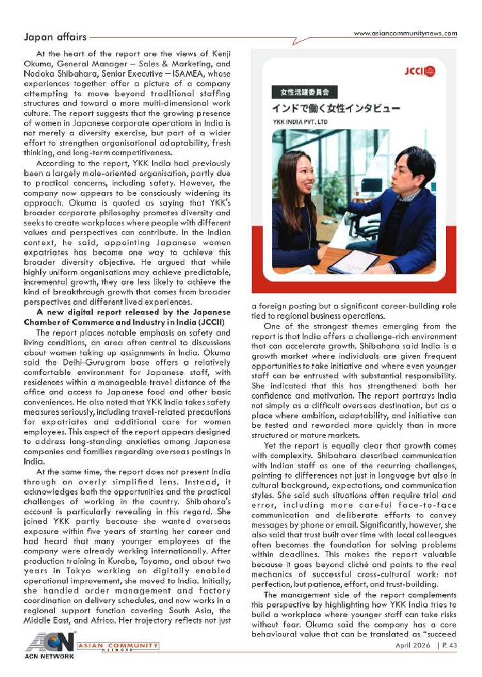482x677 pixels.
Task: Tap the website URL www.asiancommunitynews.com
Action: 405,33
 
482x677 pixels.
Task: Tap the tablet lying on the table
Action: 354,261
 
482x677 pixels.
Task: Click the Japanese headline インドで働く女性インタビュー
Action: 336,107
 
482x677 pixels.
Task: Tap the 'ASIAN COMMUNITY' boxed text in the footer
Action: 118,645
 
